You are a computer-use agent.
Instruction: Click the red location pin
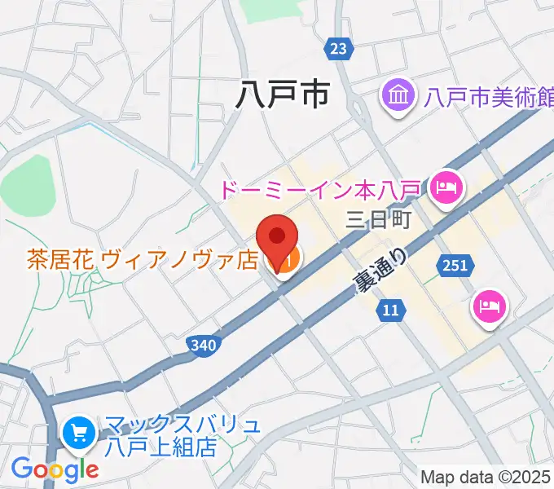(x=277, y=237)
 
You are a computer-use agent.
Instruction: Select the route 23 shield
(x=338, y=49)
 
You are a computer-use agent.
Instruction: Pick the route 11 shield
(x=391, y=310)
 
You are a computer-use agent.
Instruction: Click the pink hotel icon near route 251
(x=490, y=307)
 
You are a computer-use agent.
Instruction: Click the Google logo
(x=55, y=469)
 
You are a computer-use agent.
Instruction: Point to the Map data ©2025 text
(x=486, y=477)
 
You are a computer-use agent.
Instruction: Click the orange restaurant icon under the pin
(x=287, y=261)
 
